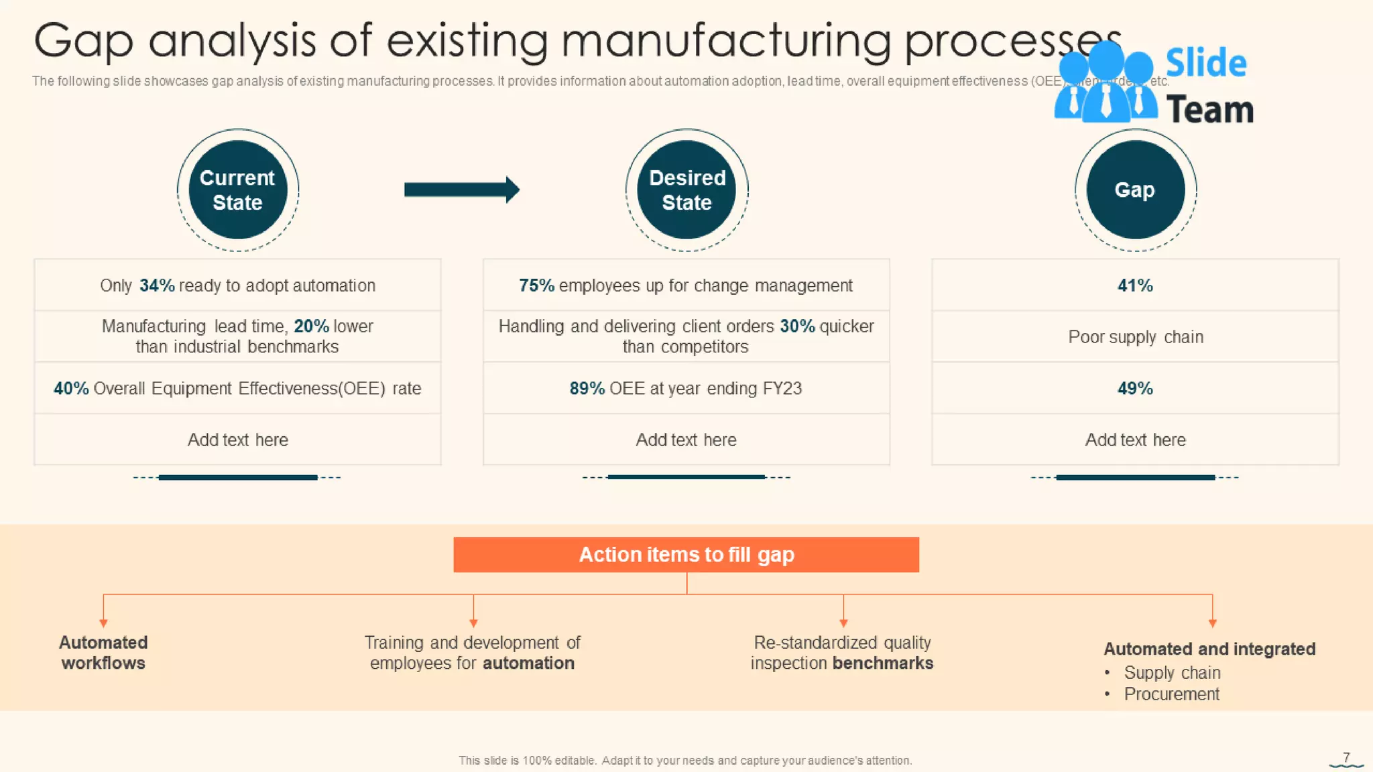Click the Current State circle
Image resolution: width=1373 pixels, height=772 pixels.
click(x=237, y=190)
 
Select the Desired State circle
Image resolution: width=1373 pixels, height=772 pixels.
click(x=686, y=190)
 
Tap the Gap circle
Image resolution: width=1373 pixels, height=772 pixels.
click(x=1135, y=190)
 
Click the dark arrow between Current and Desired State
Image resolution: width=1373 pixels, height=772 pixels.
click(x=461, y=190)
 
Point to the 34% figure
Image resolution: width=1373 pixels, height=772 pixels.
click(x=157, y=285)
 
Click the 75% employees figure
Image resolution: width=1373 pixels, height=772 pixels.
click(x=536, y=285)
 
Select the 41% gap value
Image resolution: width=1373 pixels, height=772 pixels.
click(x=1135, y=285)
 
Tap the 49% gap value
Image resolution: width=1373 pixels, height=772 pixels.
click(x=1135, y=389)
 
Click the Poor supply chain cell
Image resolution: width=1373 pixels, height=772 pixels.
click(x=1135, y=337)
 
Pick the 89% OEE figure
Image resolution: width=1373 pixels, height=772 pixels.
click(x=587, y=389)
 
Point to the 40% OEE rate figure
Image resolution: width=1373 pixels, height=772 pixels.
click(x=71, y=389)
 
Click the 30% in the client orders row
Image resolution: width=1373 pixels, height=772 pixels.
click(x=797, y=326)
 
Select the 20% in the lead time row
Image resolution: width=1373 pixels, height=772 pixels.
click(x=311, y=326)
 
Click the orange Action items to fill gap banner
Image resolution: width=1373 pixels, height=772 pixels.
click(x=686, y=555)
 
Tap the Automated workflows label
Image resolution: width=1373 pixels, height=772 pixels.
click(x=103, y=653)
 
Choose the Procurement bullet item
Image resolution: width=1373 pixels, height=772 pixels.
click(x=1171, y=694)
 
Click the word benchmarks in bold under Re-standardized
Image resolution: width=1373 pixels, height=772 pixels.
click(x=883, y=663)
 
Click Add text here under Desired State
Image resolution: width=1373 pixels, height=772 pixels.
click(x=686, y=440)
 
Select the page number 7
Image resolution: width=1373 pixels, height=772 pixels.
click(x=1346, y=757)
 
